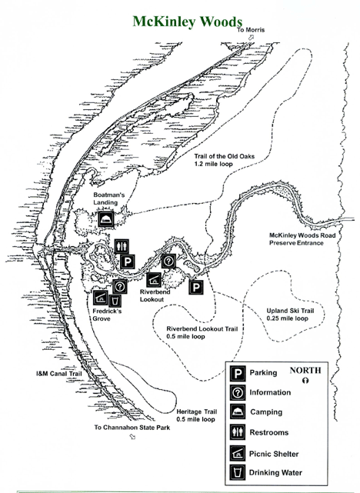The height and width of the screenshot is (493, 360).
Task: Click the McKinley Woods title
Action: [x=188, y=22]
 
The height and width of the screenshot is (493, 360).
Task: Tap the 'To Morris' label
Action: [x=251, y=30]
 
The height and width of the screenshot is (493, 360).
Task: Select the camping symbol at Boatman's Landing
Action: [x=105, y=219]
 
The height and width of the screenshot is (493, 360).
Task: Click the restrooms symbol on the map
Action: [x=122, y=246]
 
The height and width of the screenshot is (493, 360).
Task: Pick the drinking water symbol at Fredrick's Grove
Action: [x=115, y=301]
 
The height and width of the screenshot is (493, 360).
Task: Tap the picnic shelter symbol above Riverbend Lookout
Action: [x=154, y=280]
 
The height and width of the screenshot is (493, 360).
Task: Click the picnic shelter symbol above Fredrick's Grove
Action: [x=101, y=297]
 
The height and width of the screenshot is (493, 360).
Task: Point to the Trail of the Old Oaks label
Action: [x=225, y=160]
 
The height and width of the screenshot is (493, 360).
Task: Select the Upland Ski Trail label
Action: [x=290, y=315]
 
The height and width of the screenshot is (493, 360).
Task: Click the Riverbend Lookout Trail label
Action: [x=202, y=333]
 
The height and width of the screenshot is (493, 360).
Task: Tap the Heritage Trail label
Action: [x=196, y=415]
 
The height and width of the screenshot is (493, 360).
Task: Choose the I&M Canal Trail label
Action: [x=58, y=374]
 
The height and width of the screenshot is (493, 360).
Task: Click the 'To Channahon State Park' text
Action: [x=132, y=428]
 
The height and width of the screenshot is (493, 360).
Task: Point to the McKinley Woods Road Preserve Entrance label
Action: [x=302, y=239]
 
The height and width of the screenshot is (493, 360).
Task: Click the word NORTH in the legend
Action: [x=305, y=371]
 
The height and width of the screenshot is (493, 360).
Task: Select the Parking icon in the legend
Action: [x=238, y=374]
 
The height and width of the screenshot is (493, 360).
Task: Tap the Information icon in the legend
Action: [x=238, y=393]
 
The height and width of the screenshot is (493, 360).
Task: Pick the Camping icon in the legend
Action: [x=238, y=411]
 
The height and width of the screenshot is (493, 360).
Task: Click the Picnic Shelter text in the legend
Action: [x=274, y=454]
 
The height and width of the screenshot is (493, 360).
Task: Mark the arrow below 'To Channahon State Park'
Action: [x=132, y=436]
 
